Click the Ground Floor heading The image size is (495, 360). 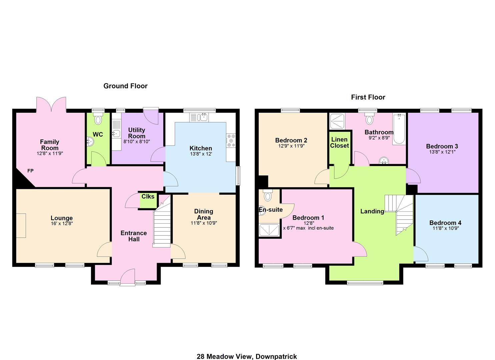(125, 86)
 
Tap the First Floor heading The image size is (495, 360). (368, 97)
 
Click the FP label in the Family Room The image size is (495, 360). (30, 171)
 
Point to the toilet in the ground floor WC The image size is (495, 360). (98, 119)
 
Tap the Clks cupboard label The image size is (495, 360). (148, 196)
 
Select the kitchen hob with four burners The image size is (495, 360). (231, 140)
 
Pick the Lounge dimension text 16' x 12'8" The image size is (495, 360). (62, 223)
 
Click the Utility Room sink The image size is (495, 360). (116, 133)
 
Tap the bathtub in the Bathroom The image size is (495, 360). (399, 129)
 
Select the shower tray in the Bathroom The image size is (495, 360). (337, 121)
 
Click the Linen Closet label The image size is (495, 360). (339, 143)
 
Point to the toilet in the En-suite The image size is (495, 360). (268, 195)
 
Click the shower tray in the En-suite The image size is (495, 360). (269, 230)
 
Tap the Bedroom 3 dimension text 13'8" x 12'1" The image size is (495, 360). (442, 152)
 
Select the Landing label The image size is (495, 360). (372, 211)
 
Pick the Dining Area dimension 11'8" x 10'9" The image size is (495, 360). (204, 223)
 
